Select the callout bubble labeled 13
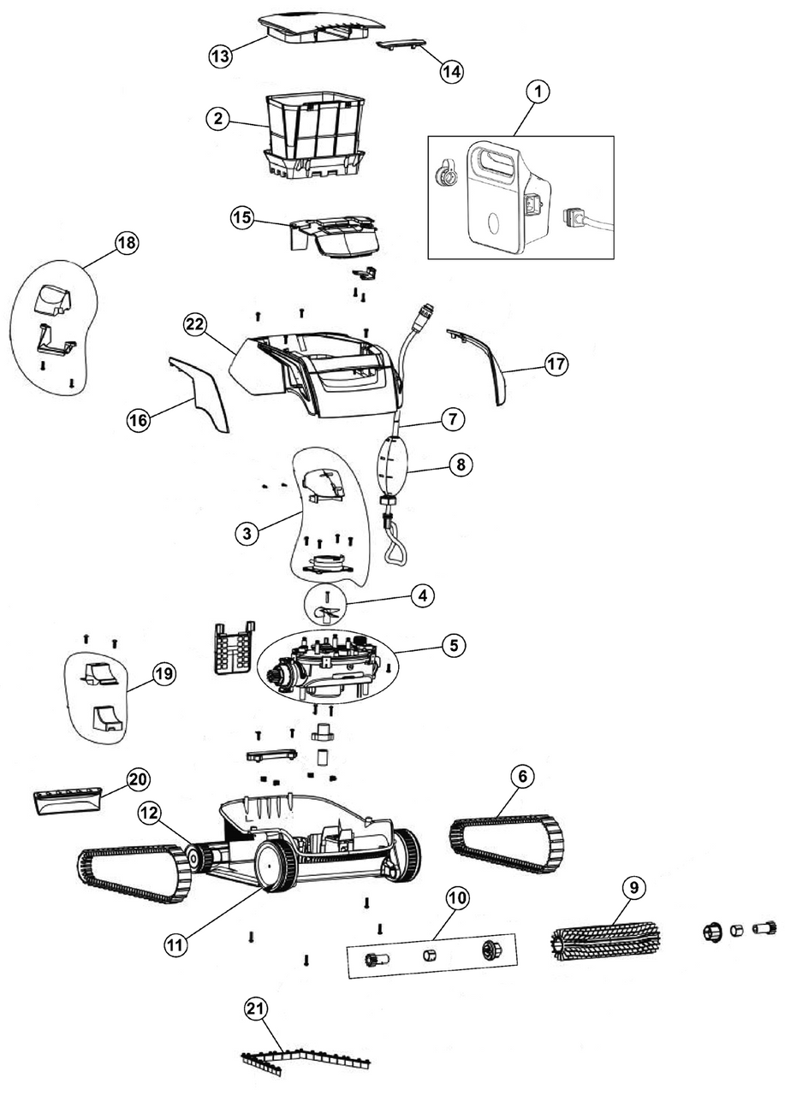(x=222, y=56)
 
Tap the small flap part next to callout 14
(x=401, y=44)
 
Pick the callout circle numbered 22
(x=196, y=325)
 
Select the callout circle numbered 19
(x=163, y=674)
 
